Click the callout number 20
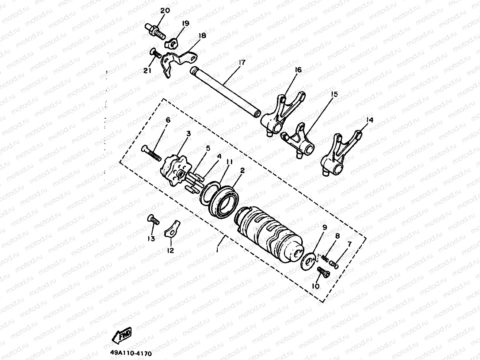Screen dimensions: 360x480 click(x=165, y=11)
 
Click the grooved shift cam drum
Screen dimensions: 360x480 click(x=270, y=233)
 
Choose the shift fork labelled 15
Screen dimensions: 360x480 click(x=300, y=143)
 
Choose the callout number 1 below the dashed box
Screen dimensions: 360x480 click(x=218, y=250)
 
